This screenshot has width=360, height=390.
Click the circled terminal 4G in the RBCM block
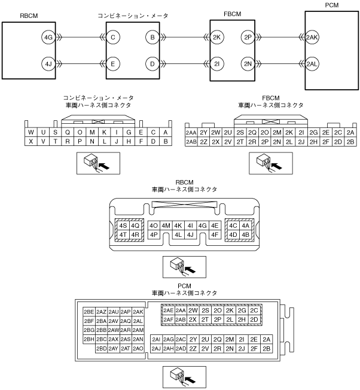point(48,37)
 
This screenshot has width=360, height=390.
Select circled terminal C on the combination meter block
point(115,37)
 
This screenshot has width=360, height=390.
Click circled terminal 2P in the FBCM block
point(248,37)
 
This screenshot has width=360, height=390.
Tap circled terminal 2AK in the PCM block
point(312,37)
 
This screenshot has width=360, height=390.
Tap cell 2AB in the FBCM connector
point(191,142)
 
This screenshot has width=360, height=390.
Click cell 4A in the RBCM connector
point(245,226)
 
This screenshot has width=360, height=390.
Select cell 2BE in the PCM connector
point(89,312)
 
